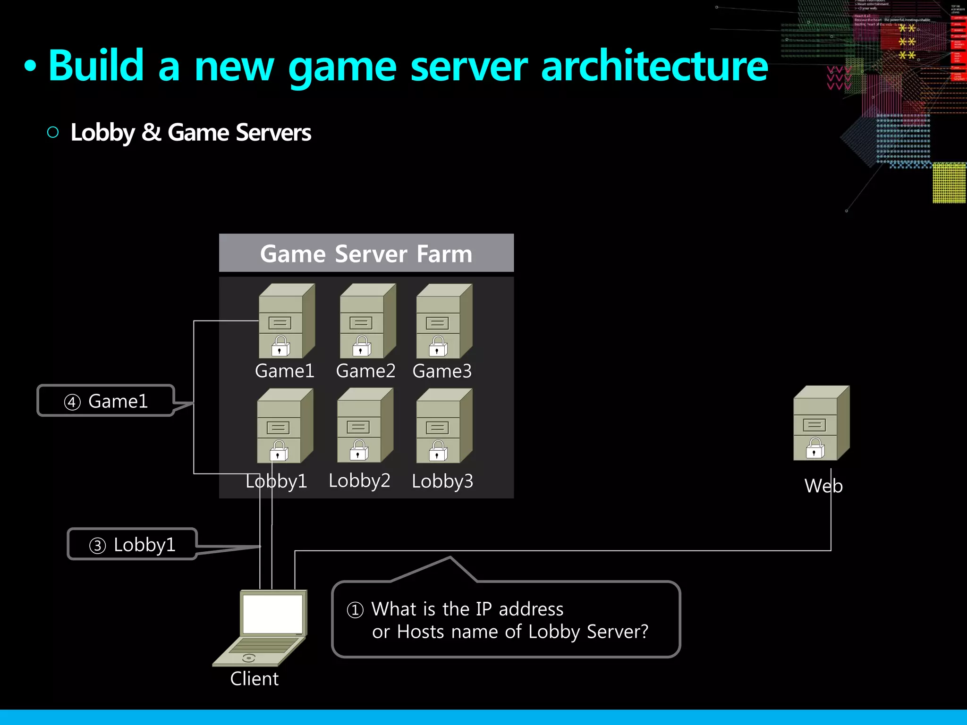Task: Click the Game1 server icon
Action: pos(286,321)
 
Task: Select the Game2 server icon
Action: pos(367,321)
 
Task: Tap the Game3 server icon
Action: pos(444,321)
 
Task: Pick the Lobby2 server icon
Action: pos(365,426)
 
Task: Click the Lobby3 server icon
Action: pos(444,426)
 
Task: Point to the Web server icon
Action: pos(821,423)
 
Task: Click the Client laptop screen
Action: pos(272,614)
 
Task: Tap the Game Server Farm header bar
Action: pos(366,253)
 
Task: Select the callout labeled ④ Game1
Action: pos(106,401)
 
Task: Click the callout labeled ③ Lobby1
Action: pos(132,545)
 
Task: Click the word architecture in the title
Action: pos(654,66)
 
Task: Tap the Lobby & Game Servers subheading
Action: pos(191,133)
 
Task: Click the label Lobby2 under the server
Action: pos(359,481)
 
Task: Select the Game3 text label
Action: pos(442,371)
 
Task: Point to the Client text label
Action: pos(254,679)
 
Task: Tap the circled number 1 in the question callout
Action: pos(355,610)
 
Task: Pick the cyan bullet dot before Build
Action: pos(30,67)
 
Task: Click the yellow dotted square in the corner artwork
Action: pos(949,183)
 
